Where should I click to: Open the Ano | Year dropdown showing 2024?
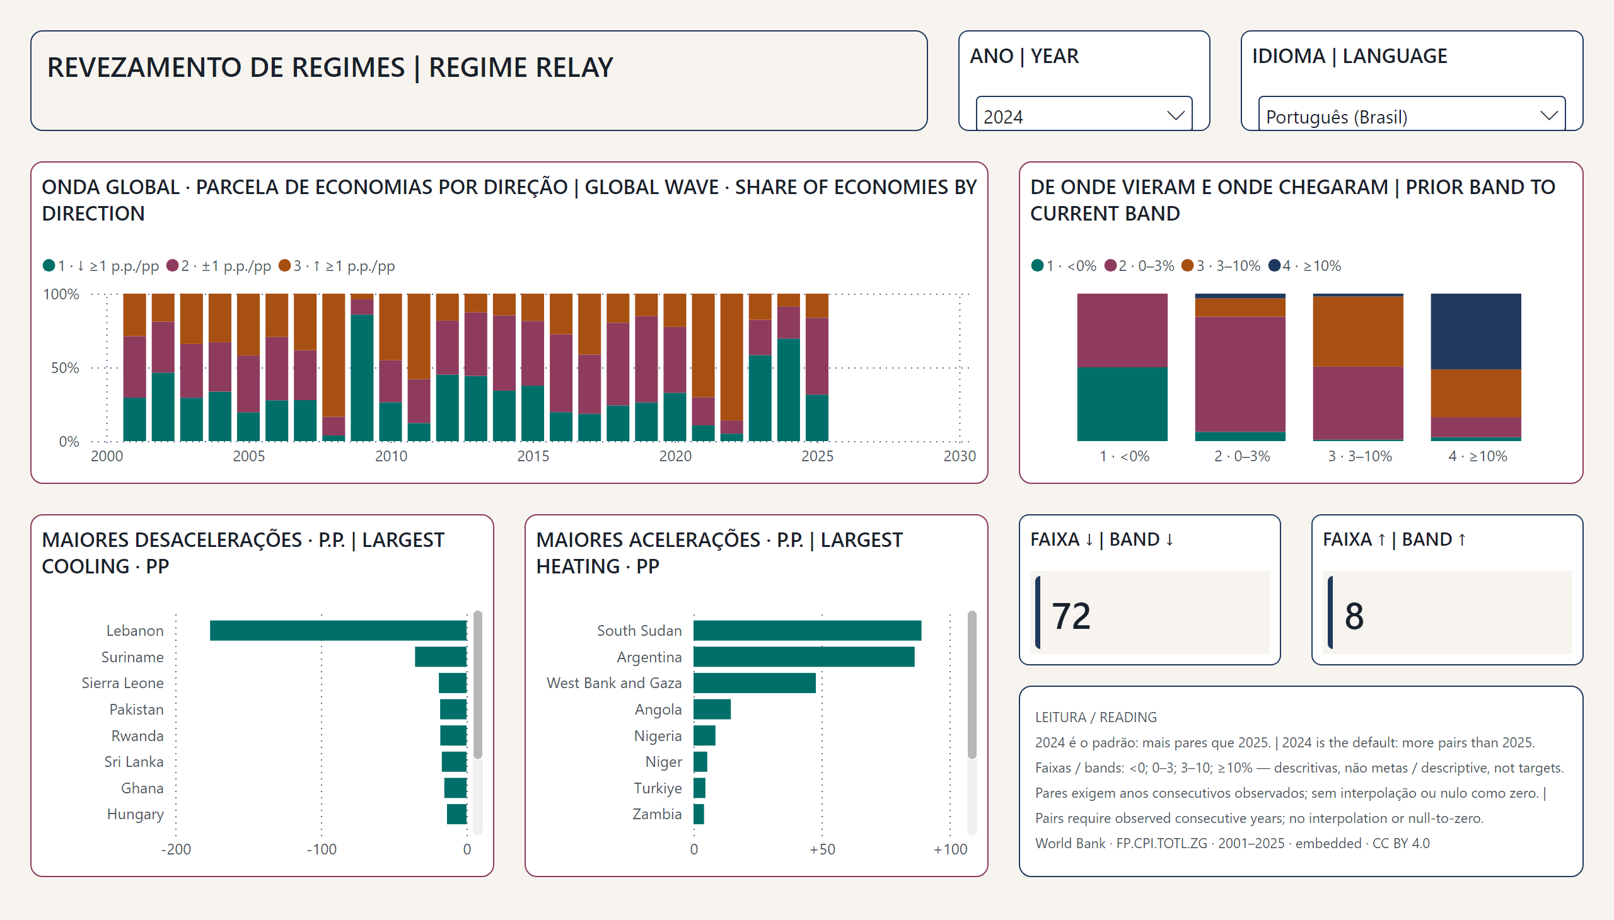[x=1084, y=116]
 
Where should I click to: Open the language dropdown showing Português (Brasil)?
[x=1412, y=116]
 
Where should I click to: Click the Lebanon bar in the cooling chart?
[x=338, y=631]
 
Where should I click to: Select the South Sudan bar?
[x=808, y=631]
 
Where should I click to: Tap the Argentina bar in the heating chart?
[x=803, y=657]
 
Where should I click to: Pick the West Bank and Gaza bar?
[x=754, y=683]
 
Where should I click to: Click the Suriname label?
[x=132, y=657]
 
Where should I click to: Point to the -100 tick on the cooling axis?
[x=321, y=849]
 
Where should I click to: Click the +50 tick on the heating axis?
[x=823, y=849]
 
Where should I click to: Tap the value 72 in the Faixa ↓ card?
[x=1071, y=616]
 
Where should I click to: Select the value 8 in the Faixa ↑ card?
[x=1354, y=616]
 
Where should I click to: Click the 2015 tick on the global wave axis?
[x=533, y=456]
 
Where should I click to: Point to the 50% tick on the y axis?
[x=65, y=368]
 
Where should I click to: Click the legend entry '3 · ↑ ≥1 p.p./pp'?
[x=337, y=266]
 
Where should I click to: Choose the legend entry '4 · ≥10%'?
[x=1305, y=266]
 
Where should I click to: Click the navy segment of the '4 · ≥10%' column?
[x=1475, y=331]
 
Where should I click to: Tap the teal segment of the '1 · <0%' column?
[x=1122, y=405]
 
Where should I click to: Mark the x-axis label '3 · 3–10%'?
[x=1360, y=456]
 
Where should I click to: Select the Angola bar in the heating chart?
[x=712, y=710]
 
